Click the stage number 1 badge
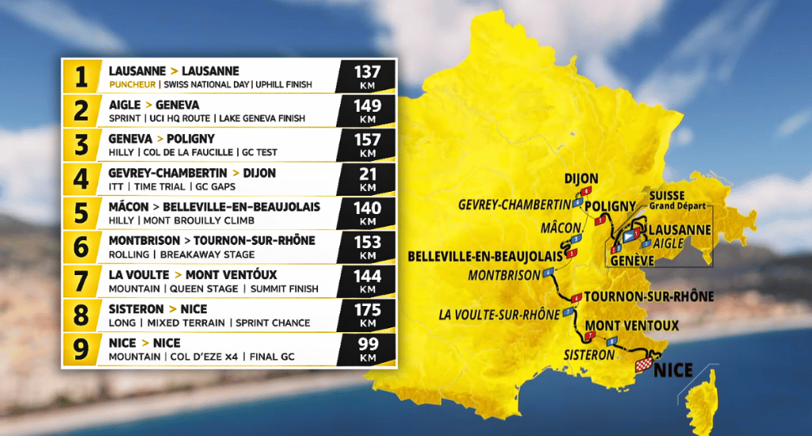coord(81,77)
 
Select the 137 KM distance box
coord(367,77)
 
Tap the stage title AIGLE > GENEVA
coord(154,105)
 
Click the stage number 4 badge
coord(81,178)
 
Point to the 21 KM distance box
coord(367,178)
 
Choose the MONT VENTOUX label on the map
coord(631,326)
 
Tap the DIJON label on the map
coord(581,179)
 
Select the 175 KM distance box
coord(367,314)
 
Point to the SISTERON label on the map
coord(589,355)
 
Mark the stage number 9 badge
coord(81,348)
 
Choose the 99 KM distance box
coord(367,348)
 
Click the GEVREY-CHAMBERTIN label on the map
coord(515,205)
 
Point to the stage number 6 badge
coord(81,247)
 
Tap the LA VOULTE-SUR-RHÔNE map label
coord(499,315)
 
